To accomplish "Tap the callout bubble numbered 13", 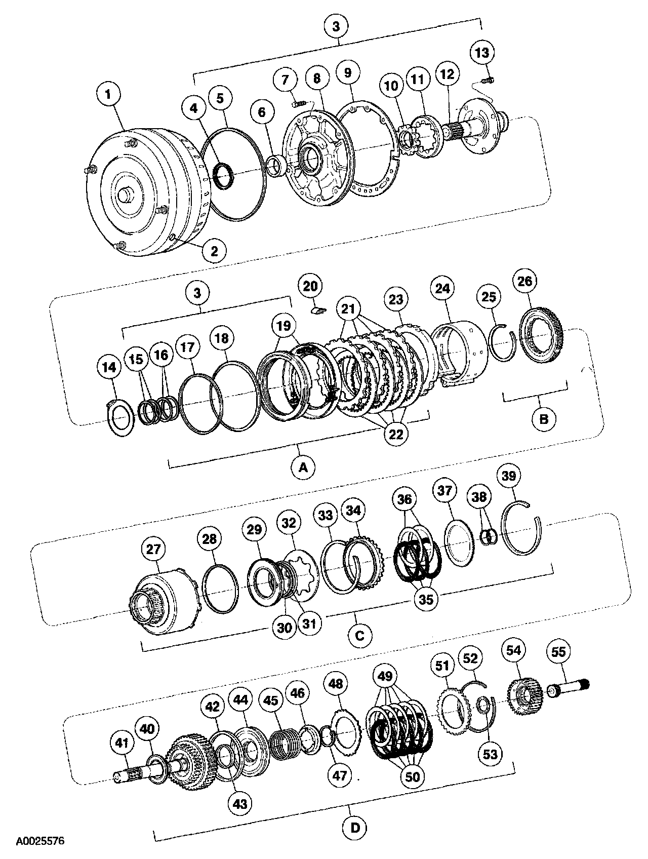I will [x=482, y=52].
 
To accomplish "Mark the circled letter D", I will [x=355, y=828].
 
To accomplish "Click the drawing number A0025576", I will [x=39, y=841].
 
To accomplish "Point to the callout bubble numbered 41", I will [x=121, y=743].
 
